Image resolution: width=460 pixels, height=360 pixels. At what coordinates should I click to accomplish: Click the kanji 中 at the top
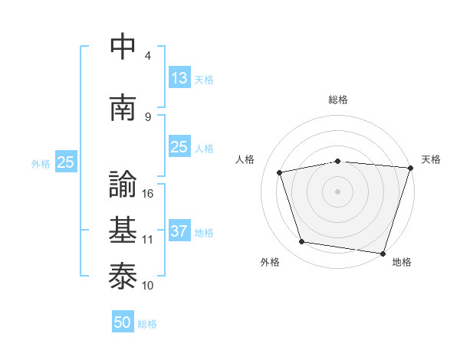[123, 46]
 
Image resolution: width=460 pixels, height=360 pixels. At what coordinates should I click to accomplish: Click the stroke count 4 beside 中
[148, 55]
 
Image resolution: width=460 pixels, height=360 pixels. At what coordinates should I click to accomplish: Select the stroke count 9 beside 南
[148, 116]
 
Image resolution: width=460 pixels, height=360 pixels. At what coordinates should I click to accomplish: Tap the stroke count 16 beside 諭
[149, 193]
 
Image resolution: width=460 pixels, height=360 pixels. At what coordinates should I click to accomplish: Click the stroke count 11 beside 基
[149, 239]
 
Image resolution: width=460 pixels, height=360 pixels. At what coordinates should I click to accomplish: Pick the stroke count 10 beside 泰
[149, 285]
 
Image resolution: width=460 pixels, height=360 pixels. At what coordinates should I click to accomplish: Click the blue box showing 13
[179, 78]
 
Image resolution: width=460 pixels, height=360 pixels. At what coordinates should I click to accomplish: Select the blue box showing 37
[179, 231]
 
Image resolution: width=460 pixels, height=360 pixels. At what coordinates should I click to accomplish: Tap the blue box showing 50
[123, 322]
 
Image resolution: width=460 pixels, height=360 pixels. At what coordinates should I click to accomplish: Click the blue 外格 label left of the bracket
[41, 162]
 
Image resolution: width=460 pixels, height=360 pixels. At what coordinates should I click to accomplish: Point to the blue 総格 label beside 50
[147, 324]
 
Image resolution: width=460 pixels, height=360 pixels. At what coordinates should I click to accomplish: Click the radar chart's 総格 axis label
[338, 100]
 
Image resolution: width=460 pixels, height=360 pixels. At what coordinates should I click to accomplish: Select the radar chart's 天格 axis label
[431, 159]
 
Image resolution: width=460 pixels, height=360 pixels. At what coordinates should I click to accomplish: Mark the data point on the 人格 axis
[280, 172]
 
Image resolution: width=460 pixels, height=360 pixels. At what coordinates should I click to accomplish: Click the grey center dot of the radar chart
[338, 191]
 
